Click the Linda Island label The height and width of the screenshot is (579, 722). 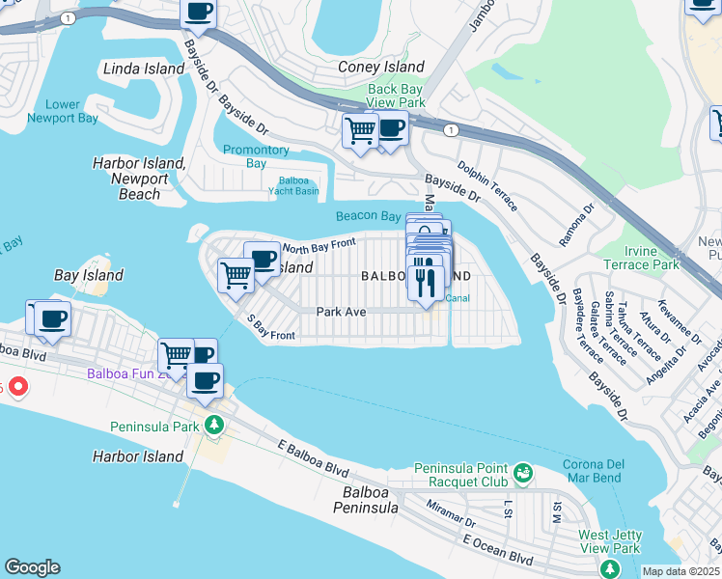pyautogui.click(x=144, y=69)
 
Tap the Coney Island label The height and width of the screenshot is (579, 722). pyautogui.click(x=381, y=67)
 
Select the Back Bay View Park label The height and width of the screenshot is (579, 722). pyautogui.click(x=396, y=96)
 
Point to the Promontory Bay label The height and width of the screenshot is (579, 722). pyautogui.click(x=256, y=156)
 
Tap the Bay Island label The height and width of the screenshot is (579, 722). pyautogui.click(x=89, y=275)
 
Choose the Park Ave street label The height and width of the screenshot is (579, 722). pyautogui.click(x=342, y=312)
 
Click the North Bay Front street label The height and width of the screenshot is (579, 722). pyautogui.click(x=319, y=246)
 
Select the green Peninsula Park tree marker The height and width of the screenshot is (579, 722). pyautogui.click(x=212, y=424)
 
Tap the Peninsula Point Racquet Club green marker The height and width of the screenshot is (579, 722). pyautogui.click(x=523, y=473)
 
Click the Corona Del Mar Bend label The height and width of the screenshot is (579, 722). pyautogui.click(x=593, y=471)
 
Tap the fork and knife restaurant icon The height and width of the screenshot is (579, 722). pyautogui.click(x=426, y=283)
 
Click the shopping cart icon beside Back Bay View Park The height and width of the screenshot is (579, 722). pyautogui.click(x=360, y=129)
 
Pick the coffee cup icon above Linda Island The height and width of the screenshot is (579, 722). pyautogui.click(x=199, y=12)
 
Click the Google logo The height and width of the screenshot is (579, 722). pyautogui.click(x=32, y=567)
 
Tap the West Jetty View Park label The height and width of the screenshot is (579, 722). pyautogui.click(x=610, y=541)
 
